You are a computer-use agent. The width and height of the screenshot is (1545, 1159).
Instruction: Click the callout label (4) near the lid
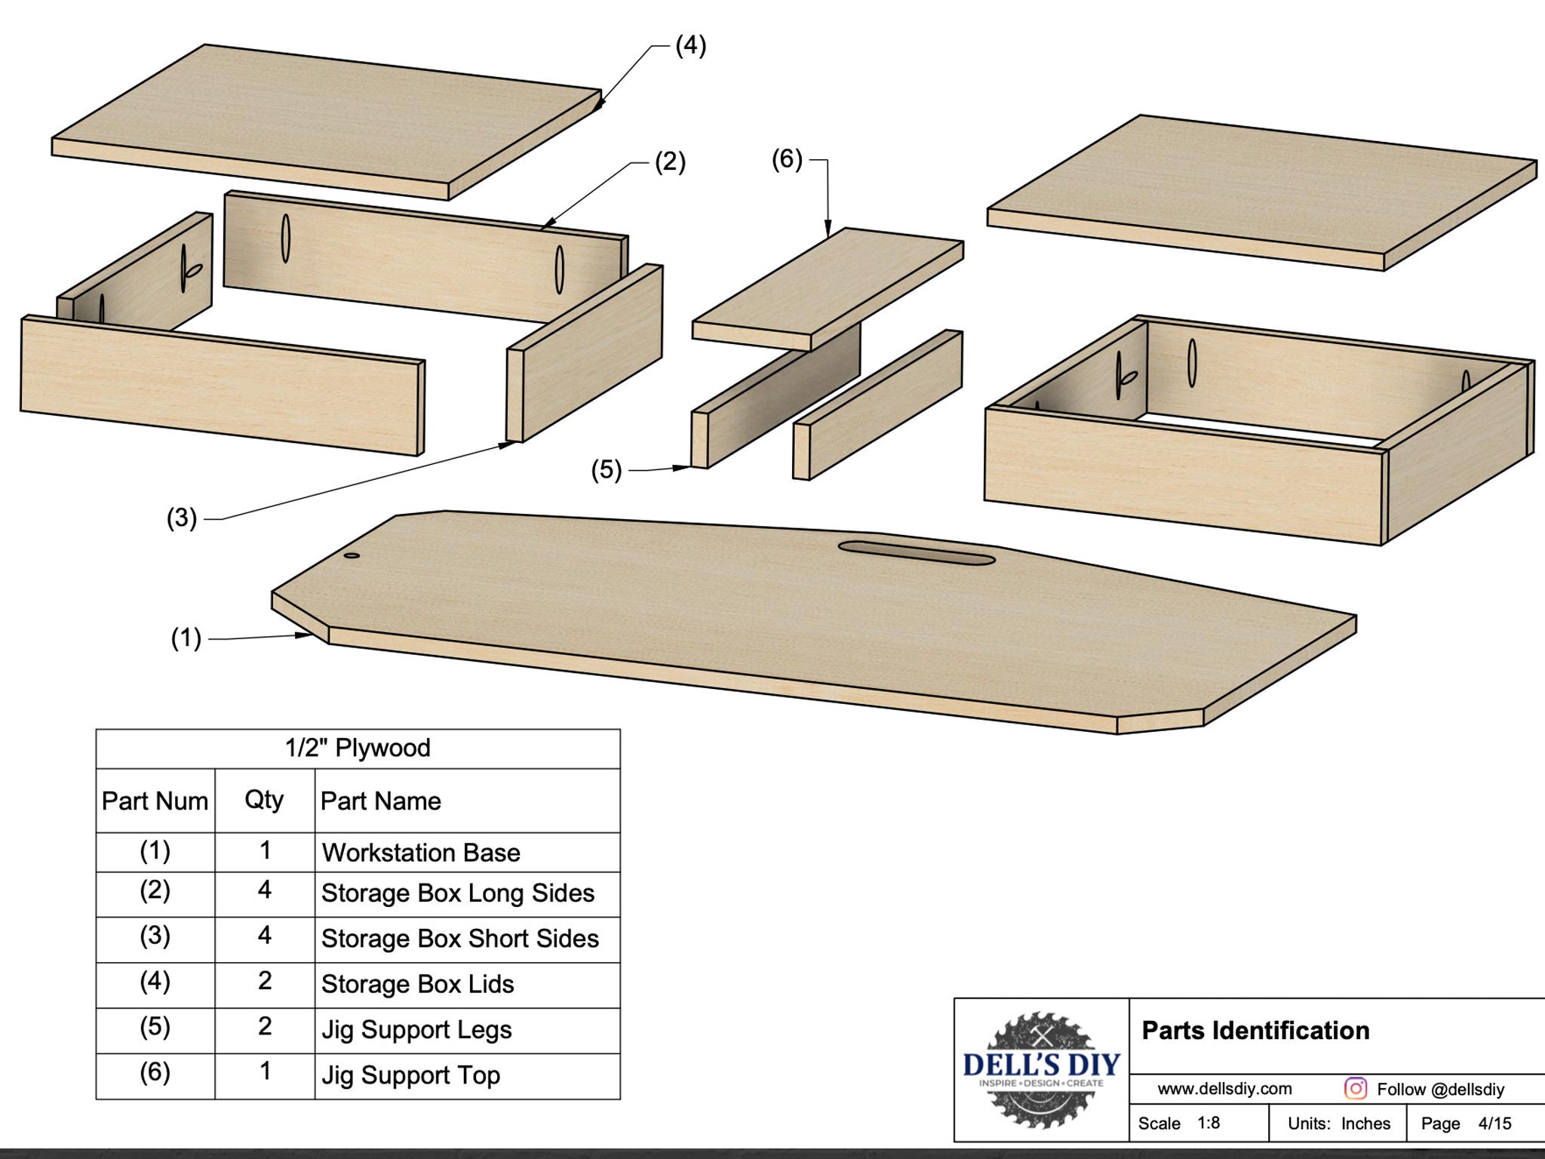coord(690,45)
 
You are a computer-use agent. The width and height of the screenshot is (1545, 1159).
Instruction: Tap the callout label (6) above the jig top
coord(787,159)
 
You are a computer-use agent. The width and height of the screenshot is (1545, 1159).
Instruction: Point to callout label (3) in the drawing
coord(181,518)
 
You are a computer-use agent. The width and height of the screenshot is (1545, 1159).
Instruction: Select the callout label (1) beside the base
coord(186,638)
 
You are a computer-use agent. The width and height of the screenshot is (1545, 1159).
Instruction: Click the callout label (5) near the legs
coord(606,470)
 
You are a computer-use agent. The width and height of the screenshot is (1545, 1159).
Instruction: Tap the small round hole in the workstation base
coord(352,556)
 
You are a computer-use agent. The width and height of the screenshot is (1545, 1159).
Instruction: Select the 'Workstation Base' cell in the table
coord(421,853)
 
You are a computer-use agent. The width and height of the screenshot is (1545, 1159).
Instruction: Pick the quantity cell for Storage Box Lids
coord(265,981)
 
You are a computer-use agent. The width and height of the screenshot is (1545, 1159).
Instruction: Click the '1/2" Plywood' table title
coord(358,748)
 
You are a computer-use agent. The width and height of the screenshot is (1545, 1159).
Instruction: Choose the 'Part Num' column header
coord(155,801)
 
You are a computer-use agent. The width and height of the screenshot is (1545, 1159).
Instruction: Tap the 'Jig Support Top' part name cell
coord(410,1074)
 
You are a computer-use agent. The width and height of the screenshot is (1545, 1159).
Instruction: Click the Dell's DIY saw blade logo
coord(1041,1070)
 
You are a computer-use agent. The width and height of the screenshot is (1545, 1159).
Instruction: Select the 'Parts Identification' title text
coord(1255,1031)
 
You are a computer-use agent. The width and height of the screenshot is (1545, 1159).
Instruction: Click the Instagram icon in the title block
coord(1355,1088)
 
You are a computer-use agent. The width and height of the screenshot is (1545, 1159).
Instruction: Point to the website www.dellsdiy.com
coord(1224,1089)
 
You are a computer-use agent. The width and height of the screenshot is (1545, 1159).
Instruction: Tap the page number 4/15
coord(1494,1124)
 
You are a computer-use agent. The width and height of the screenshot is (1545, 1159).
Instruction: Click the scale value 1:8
coord(1209,1123)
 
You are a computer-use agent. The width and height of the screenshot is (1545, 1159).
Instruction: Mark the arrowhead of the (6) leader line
coord(828,229)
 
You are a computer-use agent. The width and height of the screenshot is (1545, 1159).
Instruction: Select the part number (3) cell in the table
coord(155,936)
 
